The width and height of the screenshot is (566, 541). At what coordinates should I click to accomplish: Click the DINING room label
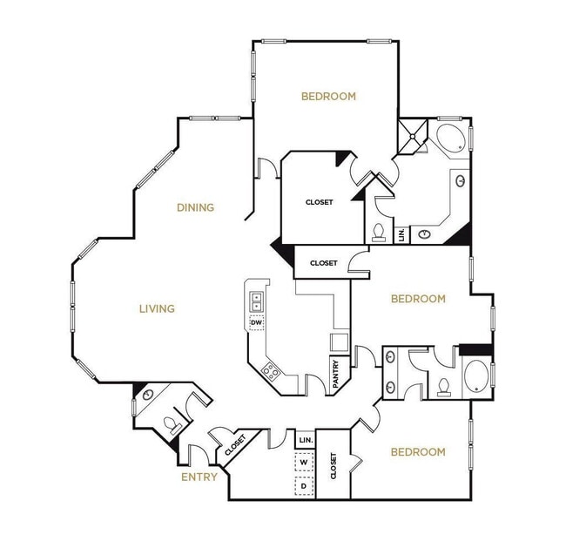[195, 207]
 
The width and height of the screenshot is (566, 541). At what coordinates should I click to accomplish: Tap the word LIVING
[157, 308]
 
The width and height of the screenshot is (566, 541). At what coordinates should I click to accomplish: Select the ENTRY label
[199, 477]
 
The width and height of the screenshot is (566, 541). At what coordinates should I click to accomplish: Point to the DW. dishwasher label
[257, 323]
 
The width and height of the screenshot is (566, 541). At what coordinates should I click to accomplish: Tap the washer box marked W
[305, 463]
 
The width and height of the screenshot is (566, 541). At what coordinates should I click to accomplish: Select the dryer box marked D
[305, 485]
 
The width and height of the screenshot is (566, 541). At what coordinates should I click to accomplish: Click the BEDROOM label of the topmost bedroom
[328, 97]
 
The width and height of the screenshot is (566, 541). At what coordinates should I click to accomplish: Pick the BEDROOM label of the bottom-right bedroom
[417, 451]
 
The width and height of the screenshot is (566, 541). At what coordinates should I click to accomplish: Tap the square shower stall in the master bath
[411, 135]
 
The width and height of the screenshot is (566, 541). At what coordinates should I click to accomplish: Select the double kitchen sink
[257, 301]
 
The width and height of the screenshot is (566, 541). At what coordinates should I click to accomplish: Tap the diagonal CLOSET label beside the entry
[235, 446]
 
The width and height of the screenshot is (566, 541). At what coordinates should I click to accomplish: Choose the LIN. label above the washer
[305, 440]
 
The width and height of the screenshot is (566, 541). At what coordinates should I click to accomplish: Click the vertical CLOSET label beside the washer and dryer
[332, 467]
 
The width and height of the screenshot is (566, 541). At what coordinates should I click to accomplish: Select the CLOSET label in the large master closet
[319, 202]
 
